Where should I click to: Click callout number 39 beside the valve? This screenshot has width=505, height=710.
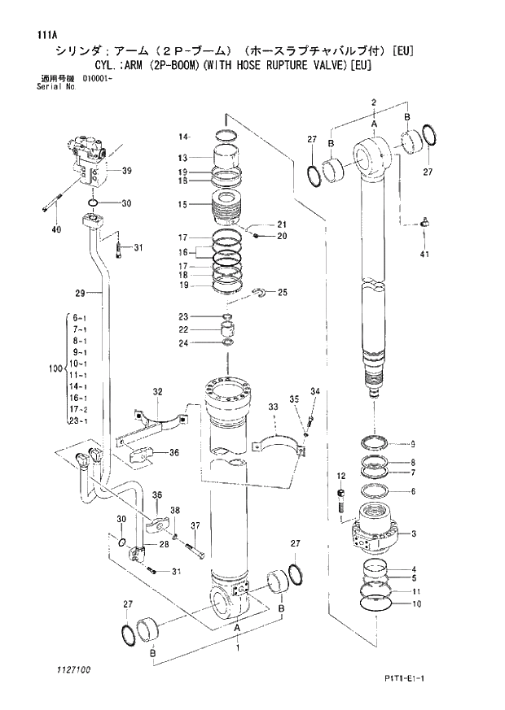(x=126, y=171)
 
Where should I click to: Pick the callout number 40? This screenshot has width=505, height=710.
(x=55, y=230)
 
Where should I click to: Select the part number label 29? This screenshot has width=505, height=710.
(x=80, y=293)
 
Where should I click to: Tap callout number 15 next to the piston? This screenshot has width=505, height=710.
(x=183, y=204)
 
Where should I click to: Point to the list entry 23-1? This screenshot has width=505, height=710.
(x=80, y=421)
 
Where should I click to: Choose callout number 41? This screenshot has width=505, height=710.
(x=424, y=256)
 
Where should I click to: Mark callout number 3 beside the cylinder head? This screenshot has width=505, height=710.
(x=414, y=534)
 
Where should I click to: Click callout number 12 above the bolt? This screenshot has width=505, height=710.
(x=340, y=475)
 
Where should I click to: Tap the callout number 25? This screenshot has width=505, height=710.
(x=283, y=292)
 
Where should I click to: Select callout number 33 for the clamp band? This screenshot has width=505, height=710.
(x=274, y=407)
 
